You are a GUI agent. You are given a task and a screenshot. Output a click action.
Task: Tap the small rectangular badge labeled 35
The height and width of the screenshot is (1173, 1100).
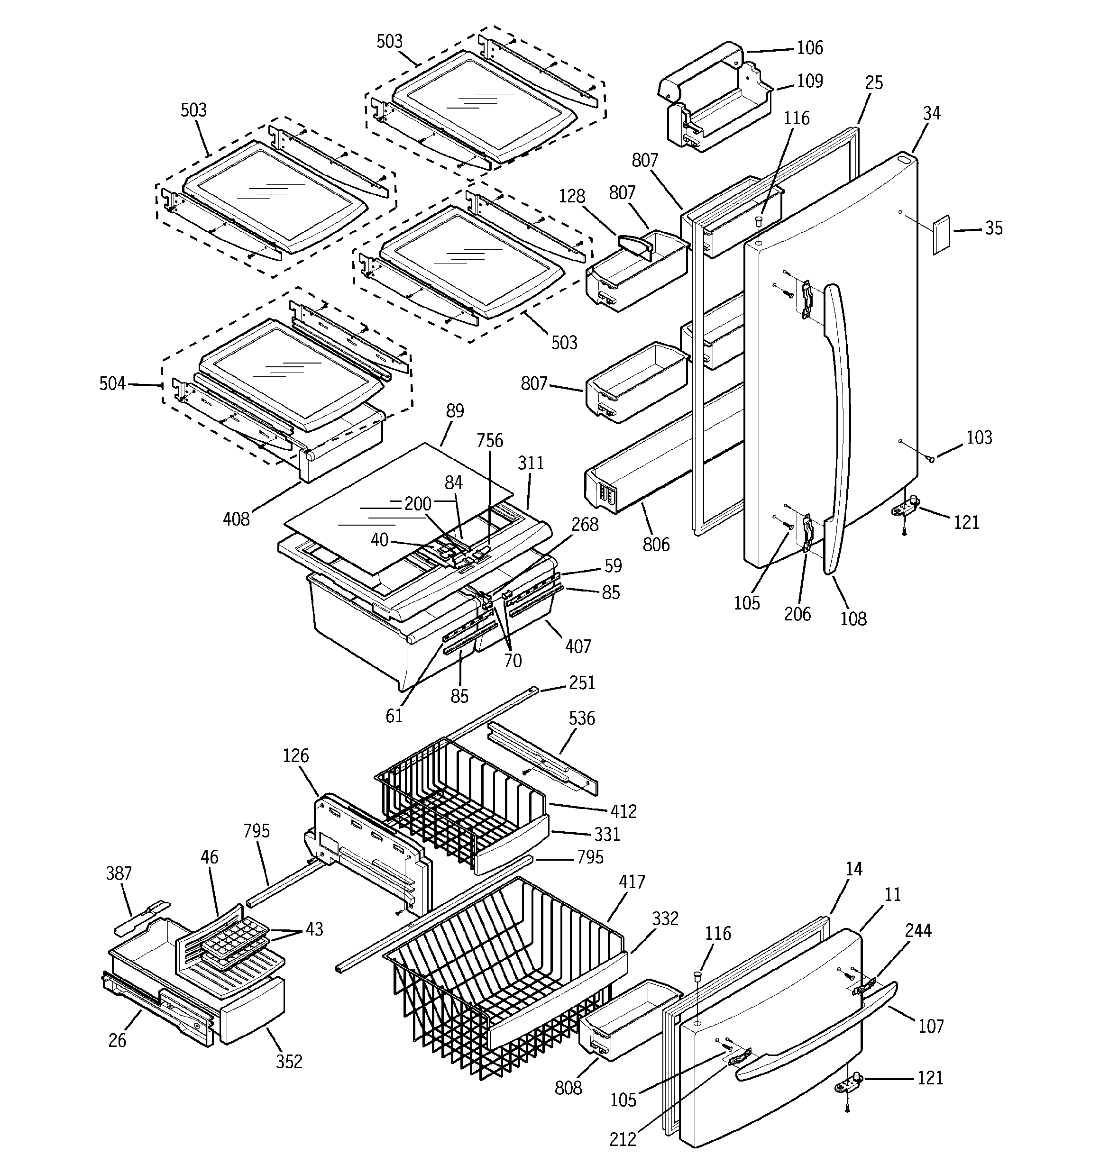point(941,234)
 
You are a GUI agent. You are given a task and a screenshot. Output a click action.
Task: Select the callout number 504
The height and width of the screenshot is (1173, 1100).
point(112,384)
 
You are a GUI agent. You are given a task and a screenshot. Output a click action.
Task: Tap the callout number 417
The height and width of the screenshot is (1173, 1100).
point(632,882)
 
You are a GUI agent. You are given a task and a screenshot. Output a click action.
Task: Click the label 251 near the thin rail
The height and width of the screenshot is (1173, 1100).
point(582,682)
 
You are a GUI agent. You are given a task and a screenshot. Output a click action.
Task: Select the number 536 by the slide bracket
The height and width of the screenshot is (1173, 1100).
point(582,718)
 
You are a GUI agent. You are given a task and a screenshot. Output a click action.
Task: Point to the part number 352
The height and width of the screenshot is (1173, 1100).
point(289,1062)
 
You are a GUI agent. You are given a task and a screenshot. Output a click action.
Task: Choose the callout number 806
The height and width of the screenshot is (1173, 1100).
point(656,544)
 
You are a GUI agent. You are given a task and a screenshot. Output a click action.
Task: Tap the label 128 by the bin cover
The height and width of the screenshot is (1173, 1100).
point(571,196)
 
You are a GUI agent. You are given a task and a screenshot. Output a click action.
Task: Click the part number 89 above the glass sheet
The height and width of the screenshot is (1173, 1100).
point(455,410)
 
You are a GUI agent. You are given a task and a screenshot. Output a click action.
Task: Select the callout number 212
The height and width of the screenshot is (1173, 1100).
point(623,1139)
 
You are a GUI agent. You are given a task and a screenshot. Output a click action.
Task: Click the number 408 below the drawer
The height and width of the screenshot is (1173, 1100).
point(236,519)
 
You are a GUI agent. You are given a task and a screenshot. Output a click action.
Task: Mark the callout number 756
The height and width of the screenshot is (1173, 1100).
point(489,441)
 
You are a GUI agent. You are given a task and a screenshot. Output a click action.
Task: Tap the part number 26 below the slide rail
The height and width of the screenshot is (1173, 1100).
point(117,1040)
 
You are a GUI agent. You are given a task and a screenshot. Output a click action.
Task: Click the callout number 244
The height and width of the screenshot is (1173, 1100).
point(918,930)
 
